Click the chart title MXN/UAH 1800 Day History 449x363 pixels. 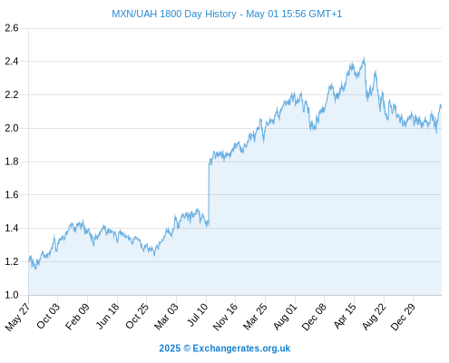click(174, 14)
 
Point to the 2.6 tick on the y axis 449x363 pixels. click(12, 28)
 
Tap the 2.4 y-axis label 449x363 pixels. click(12, 62)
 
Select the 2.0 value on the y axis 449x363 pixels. click(12, 128)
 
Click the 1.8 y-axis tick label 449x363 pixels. click(12, 162)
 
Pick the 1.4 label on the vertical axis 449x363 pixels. click(12, 228)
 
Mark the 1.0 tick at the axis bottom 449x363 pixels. click(12, 295)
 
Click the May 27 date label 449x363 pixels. click(18, 317)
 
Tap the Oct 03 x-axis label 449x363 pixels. click(48, 316)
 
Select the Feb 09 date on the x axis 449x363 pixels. click(78, 317)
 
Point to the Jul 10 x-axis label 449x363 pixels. click(198, 315)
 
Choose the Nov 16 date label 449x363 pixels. click(225, 317)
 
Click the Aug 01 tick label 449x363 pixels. click(286, 317)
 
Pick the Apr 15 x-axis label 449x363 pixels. click(346, 316)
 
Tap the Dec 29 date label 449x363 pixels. click(403, 317)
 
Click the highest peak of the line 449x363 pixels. click(364, 57)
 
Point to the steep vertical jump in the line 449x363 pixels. click(209, 193)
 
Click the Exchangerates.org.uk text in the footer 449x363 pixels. click(241, 348)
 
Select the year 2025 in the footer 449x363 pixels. click(170, 348)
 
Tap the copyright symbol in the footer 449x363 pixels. click(187, 348)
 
